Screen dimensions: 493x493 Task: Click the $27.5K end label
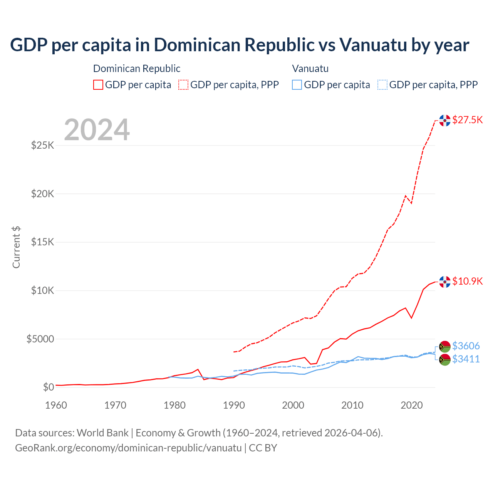point(467,120)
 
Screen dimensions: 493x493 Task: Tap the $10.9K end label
point(467,281)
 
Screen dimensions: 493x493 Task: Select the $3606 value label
point(466,346)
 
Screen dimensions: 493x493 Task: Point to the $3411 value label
point(466,359)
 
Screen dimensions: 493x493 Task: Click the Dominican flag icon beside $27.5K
point(445,121)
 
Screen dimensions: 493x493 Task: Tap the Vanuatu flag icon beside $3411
point(445,360)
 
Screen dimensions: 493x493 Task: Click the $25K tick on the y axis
point(43,145)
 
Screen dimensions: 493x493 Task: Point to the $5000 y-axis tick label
point(40,339)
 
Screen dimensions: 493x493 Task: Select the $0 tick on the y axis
point(48,387)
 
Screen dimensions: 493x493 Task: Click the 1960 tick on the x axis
point(56,405)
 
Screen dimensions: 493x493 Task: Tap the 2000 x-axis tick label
point(293,405)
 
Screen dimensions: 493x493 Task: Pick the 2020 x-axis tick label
point(412,405)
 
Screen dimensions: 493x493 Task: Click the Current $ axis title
point(16,247)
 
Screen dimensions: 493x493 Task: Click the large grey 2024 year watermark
point(97,130)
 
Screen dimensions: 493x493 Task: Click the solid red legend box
point(98,85)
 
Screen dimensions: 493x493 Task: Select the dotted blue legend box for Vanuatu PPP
point(382,85)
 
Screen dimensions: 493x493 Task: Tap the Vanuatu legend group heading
point(310,69)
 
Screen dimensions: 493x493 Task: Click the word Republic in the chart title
point(280,45)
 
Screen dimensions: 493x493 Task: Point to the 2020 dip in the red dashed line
point(411,203)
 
